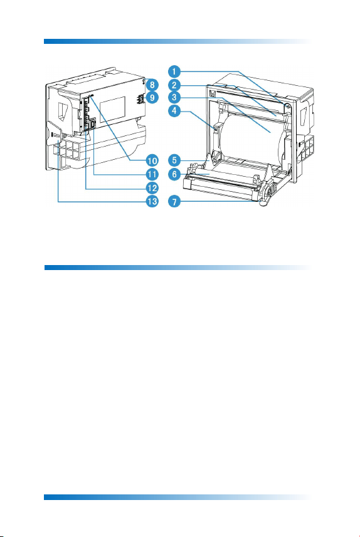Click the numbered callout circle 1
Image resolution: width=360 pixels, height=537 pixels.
(174, 71)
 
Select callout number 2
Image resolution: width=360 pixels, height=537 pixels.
(174, 85)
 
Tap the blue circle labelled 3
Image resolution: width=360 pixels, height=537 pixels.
(174, 98)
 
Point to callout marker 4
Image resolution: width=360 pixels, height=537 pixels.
(174, 111)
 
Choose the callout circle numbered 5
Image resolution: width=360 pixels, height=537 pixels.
(174, 160)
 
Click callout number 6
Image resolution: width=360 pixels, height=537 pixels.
(174, 174)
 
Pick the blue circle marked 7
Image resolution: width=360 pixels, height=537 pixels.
(174, 201)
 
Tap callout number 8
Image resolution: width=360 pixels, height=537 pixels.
(152, 85)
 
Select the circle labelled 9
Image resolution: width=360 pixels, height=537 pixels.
(152, 98)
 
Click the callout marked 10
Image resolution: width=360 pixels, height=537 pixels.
(152, 160)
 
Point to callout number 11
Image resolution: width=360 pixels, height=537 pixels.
(152, 174)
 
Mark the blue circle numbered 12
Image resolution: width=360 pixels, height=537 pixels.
(152, 188)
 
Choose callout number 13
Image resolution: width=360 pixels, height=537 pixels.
(152, 201)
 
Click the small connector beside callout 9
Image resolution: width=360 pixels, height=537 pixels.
(140, 98)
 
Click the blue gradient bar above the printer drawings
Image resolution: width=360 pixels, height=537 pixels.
(178, 41)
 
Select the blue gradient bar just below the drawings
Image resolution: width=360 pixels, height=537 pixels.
(178, 268)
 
